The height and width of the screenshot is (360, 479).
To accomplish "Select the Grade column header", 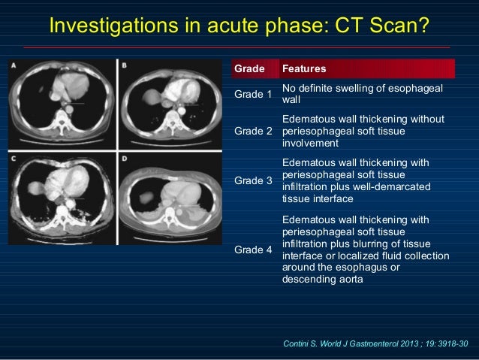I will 249,69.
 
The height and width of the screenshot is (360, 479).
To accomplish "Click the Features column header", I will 303,69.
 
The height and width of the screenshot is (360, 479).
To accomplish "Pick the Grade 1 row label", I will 254,95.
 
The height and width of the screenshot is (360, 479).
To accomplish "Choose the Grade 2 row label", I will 254,131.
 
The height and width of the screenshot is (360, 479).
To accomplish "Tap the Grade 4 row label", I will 254,249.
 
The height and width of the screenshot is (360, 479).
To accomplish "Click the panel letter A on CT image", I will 15,66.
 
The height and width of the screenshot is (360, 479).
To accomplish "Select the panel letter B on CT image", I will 124,66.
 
